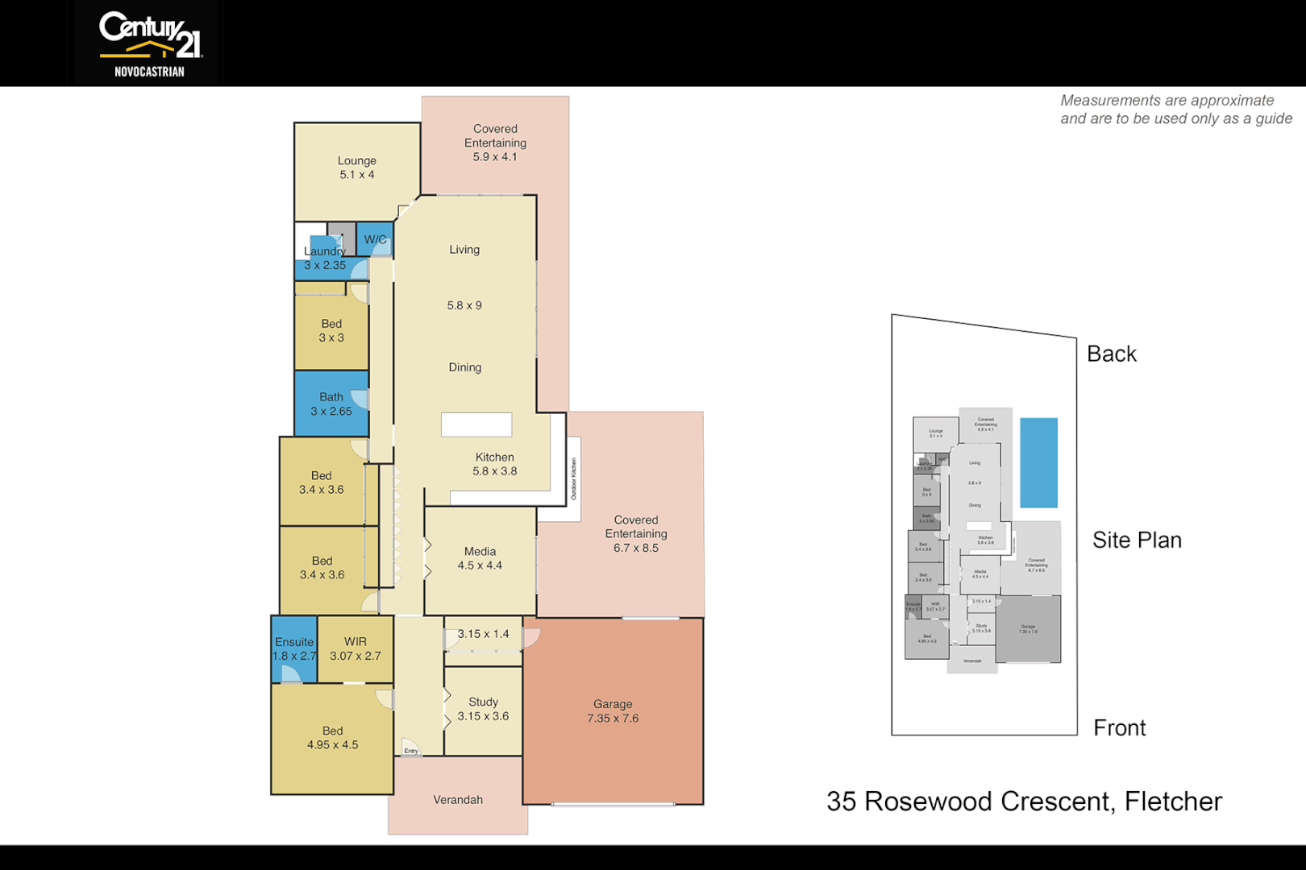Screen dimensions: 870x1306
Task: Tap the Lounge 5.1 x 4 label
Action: (x=356, y=168)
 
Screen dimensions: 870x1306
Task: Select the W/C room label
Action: (x=375, y=239)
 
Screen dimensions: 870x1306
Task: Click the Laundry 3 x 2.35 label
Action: (x=325, y=258)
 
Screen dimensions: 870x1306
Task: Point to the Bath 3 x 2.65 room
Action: (x=331, y=404)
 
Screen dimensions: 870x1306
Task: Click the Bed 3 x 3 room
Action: (x=331, y=330)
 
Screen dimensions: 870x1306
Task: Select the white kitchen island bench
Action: (x=476, y=425)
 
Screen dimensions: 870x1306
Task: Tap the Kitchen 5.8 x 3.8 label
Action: (x=494, y=464)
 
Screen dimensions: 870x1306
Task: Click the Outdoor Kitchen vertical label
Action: (x=574, y=478)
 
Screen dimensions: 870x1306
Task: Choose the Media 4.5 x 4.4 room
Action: (x=480, y=558)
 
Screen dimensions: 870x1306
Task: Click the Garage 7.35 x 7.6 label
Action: (x=613, y=710)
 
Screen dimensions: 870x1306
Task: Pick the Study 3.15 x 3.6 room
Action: (x=483, y=709)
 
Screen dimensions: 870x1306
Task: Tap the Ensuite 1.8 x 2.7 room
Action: (x=294, y=648)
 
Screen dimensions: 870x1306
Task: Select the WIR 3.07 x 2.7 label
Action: (x=356, y=648)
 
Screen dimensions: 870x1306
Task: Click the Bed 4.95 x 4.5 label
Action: (x=332, y=737)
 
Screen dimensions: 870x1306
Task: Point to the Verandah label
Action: (x=458, y=800)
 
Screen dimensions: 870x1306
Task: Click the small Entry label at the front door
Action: (x=411, y=751)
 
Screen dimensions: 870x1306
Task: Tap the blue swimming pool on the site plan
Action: (x=1038, y=462)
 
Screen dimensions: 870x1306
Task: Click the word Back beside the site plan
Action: (x=1111, y=354)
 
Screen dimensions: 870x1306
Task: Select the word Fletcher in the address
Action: (x=1173, y=802)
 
